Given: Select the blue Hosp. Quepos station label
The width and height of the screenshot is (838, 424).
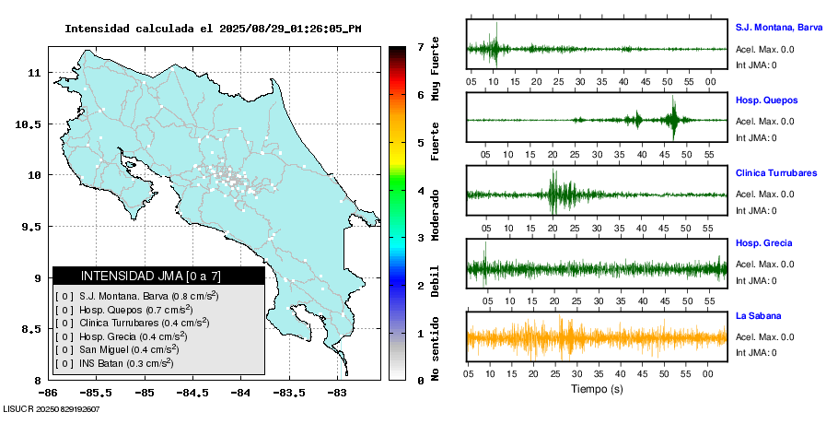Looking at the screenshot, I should (x=766, y=100).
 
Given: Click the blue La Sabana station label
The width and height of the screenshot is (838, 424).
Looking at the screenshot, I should (x=758, y=316).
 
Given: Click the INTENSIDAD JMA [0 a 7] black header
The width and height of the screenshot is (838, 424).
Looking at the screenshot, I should (x=158, y=276).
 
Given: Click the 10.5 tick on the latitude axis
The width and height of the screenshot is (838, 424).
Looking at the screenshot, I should (x=32, y=124).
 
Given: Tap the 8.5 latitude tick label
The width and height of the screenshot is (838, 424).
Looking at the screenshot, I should (x=34, y=329).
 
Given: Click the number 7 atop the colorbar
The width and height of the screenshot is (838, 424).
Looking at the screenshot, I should (x=420, y=46).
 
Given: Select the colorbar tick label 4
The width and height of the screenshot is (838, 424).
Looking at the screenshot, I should (x=420, y=190).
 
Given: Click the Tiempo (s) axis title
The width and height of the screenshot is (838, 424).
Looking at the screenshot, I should (x=597, y=389).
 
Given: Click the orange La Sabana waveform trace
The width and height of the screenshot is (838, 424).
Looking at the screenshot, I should (x=597, y=337).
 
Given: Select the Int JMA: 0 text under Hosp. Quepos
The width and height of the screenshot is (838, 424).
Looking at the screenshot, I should (x=756, y=137).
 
